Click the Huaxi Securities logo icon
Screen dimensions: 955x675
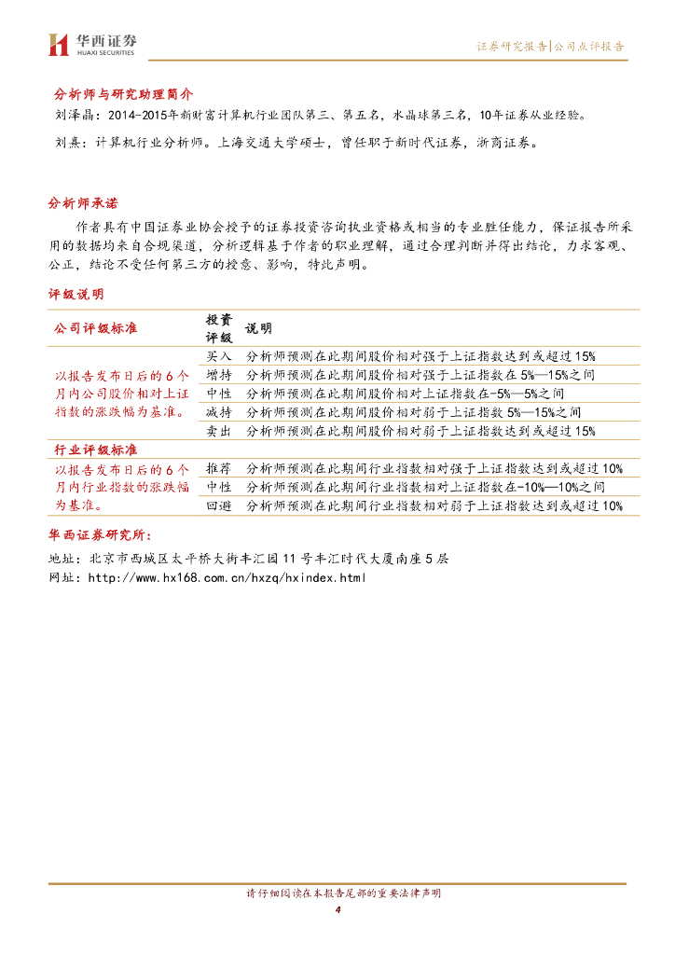coord(58,44)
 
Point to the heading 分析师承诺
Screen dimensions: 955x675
coord(84,203)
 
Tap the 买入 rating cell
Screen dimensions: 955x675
coord(219,356)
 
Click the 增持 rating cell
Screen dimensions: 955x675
coord(219,375)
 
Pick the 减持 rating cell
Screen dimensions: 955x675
coord(219,412)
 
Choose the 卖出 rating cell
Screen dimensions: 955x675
coord(219,431)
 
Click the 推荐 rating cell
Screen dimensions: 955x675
coord(219,468)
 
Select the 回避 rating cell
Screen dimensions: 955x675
coord(219,505)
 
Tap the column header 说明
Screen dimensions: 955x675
coord(258,329)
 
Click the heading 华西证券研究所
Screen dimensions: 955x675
coord(99,535)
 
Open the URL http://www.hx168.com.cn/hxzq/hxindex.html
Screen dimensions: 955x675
coord(227,578)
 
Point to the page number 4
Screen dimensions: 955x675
coord(337,909)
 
